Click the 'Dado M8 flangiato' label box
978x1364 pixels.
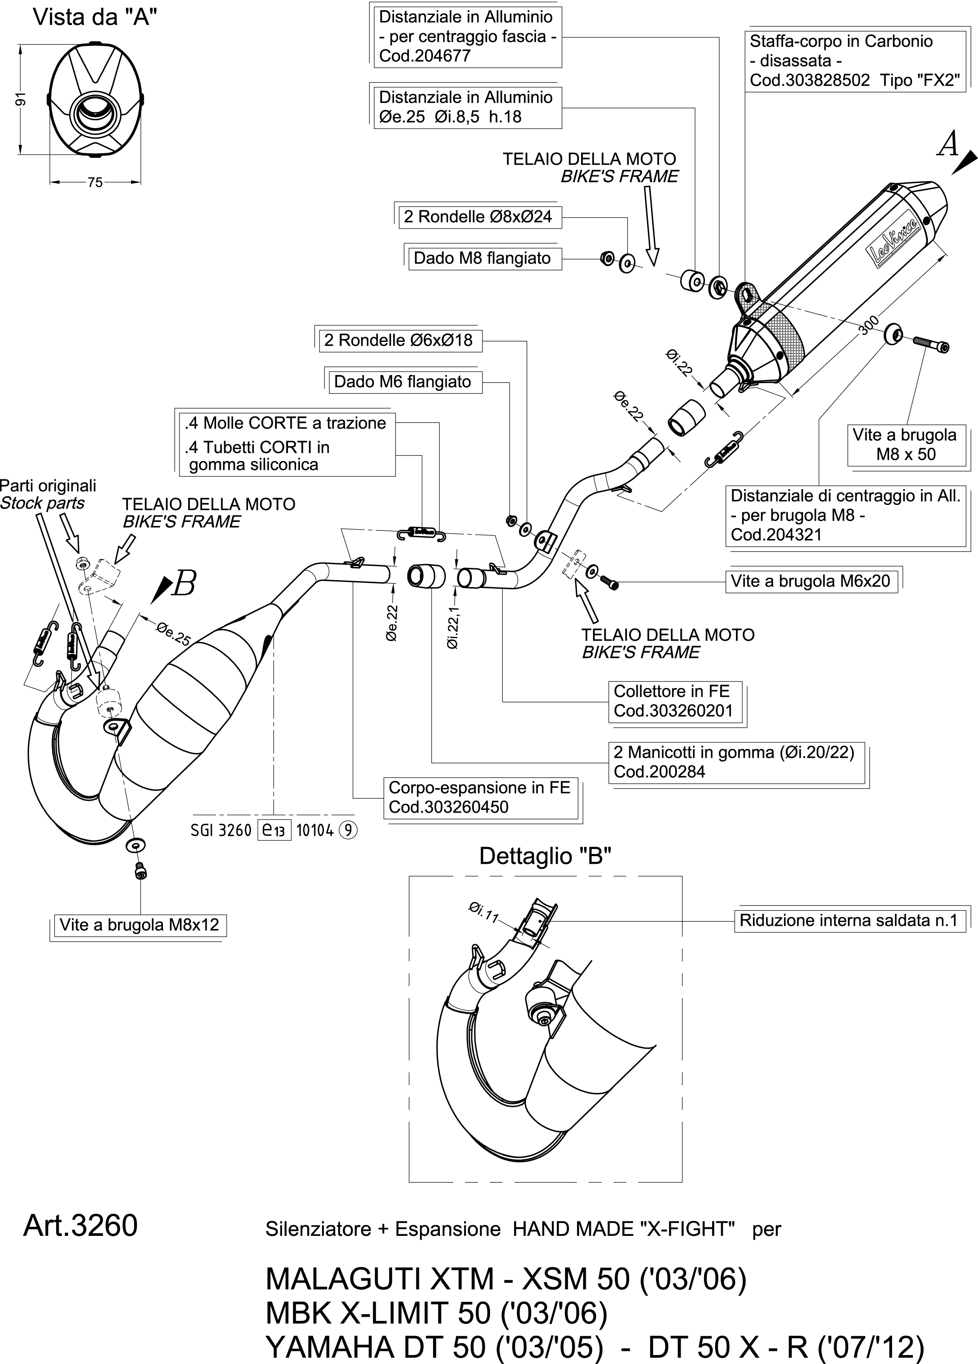(x=482, y=258)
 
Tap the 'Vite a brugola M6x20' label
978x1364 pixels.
(x=810, y=581)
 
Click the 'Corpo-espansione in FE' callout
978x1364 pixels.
(x=479, y=797)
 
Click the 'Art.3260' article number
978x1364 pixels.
(x=80, y=1226)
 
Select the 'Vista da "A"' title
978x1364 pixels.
(x=95, y=18)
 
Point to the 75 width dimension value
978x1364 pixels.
(x=95, y=182)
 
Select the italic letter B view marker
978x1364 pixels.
(x=184, y=584)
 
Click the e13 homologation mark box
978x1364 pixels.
(x=274, y=830)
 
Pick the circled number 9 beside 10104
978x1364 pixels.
(x=348, y=831)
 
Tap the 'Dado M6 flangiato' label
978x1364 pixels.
(x=402, y=382)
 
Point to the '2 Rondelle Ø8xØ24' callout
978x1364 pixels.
(x=478, y=217)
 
